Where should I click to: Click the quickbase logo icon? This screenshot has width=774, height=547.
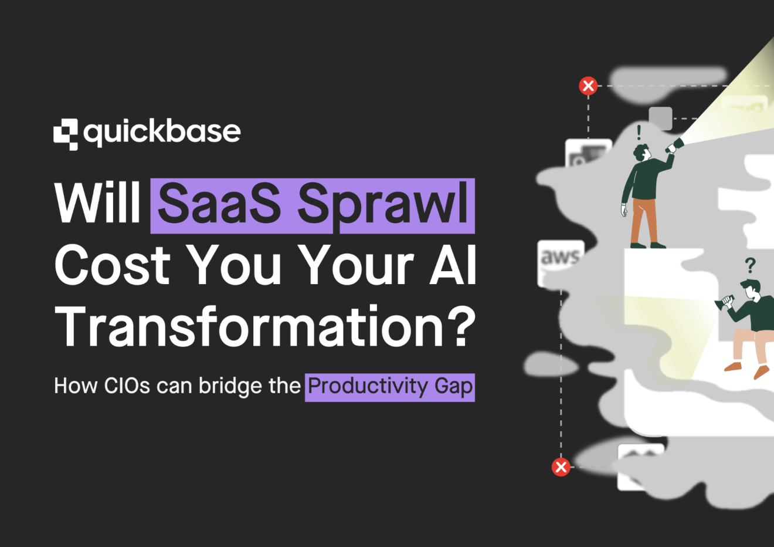point(66,134)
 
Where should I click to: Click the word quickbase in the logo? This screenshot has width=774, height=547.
point(162,133)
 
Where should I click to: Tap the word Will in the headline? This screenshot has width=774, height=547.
point(97,203)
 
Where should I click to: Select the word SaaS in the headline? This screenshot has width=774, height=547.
point(219,204)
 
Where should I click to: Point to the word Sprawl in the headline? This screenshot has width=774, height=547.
point(383,205)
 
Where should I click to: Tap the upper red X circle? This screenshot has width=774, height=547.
point(588,86)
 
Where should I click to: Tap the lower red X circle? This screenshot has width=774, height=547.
point(561,467)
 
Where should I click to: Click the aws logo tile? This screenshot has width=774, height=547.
point(560,258)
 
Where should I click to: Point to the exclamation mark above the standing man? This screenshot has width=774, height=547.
point(639,132)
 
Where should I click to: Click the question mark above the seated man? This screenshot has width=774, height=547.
point(750,266)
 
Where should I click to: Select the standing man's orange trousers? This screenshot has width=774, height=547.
point(643,221)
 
